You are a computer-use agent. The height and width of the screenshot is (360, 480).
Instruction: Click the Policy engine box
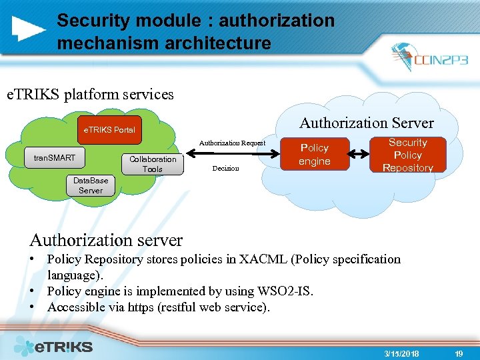(315, 155)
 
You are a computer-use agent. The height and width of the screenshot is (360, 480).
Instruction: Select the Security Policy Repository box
(408, 155)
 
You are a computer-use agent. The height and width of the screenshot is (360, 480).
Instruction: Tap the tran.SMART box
(55, 158)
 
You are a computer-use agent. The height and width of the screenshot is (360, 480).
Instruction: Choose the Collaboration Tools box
(153, 164)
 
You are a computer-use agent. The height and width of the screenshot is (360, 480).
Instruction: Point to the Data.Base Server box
(91, 185)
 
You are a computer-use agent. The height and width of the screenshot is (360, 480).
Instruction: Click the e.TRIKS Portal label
(109, 130)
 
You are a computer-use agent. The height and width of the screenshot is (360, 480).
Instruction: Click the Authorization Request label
(232, 143)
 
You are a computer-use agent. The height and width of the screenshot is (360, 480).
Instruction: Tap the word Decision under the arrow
(225, 169)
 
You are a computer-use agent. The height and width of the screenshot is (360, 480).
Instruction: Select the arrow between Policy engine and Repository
(359, 155)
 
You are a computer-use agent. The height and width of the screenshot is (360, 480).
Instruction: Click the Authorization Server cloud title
(366, 123)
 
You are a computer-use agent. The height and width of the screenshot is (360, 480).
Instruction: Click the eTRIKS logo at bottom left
(53, 346)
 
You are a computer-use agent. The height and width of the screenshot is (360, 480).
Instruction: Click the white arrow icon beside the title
(29, 27)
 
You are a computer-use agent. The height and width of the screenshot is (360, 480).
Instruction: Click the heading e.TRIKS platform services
(90, 95)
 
